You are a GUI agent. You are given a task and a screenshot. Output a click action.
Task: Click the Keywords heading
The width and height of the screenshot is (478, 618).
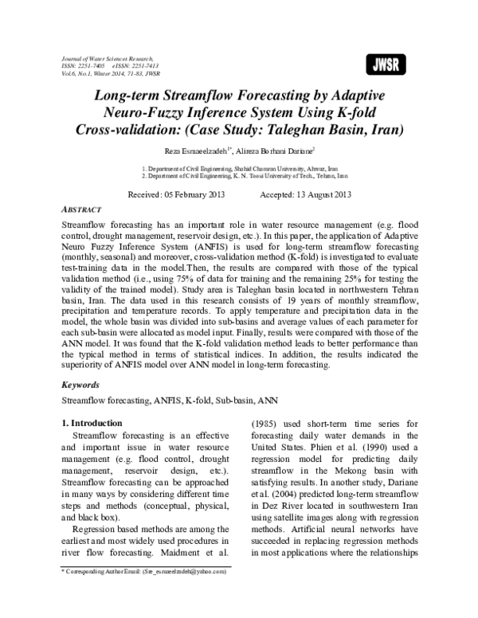tap(83, 384)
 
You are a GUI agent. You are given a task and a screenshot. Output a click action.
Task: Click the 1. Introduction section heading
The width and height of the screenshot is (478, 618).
tap(92, 422)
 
